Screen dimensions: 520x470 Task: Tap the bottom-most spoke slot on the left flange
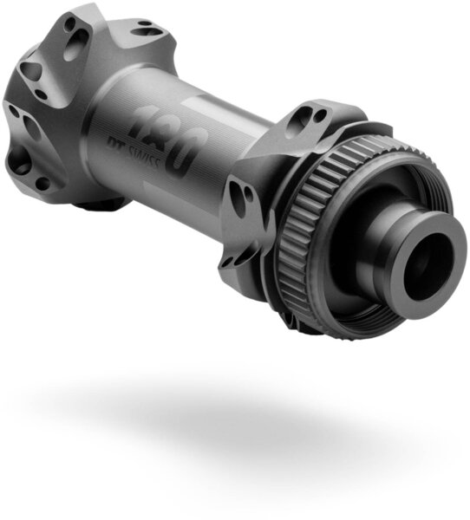[41, 183]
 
